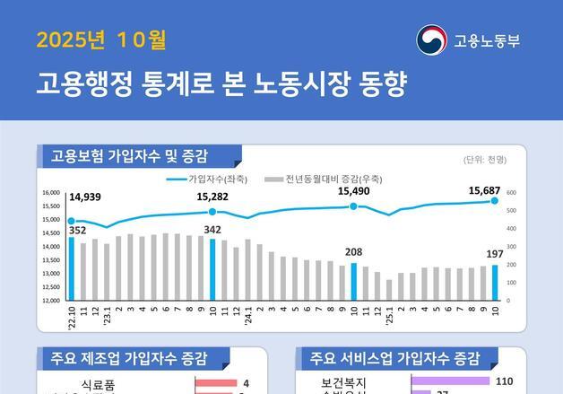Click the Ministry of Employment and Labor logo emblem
coord(431,40)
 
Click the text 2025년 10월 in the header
coord(101,40)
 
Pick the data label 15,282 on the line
coord(212,197)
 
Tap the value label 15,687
coord(485,190)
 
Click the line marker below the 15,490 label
coord(353,206)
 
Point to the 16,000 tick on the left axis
coord(51,193)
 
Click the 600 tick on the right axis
coord(512,193)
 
